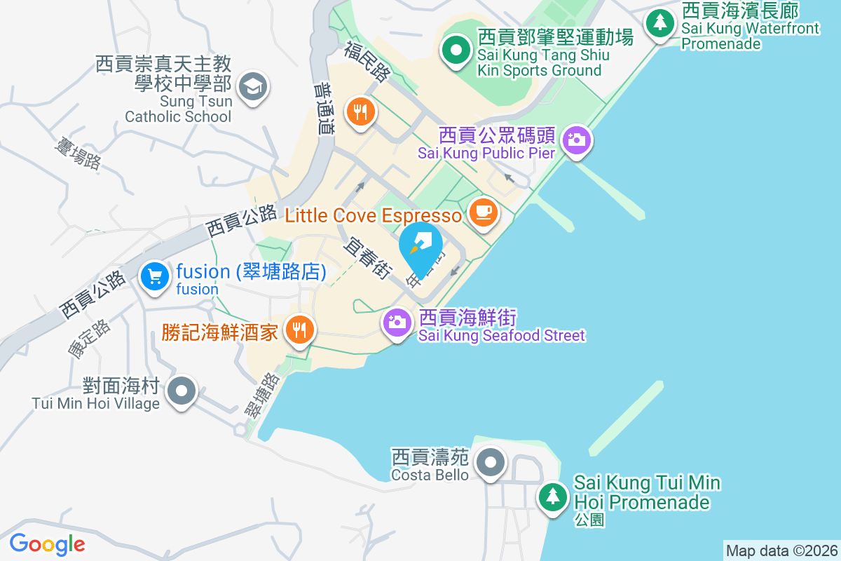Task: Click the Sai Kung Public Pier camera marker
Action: (x=576, y=140)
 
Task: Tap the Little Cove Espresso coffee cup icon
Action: (x=482, y=212)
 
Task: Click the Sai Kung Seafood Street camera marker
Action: (x=397, y=323)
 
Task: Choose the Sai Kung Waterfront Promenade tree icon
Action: (x=659, y=22)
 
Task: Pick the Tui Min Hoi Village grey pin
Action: (x=182, y=390)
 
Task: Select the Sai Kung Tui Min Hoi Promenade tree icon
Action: (x=553, y=496)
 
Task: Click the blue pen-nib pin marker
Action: (x=420, y=245)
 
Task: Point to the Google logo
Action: (x=47, y=543)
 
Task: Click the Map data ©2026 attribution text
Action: (x=781, y=550)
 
